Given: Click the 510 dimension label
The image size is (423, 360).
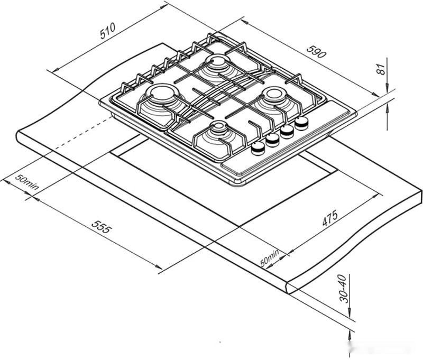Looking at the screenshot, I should tap(108, 33).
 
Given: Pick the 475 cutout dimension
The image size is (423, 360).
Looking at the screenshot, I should tap(330, 218).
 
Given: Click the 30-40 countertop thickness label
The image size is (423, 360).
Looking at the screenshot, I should tap(343, 288).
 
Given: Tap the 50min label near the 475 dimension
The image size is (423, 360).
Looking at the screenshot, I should tap(270, 257).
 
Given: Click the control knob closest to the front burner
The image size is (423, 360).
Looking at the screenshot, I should tap(258, 149).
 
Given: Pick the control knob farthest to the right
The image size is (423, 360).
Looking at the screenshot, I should tap(302, 123).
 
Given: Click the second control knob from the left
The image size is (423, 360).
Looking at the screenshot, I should tap(272, 140).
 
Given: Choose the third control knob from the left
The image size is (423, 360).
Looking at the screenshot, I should tap(287, 131).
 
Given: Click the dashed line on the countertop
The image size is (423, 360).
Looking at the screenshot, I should tap(79, 135).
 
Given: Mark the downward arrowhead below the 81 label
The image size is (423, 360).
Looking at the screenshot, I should tap(388, 85).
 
